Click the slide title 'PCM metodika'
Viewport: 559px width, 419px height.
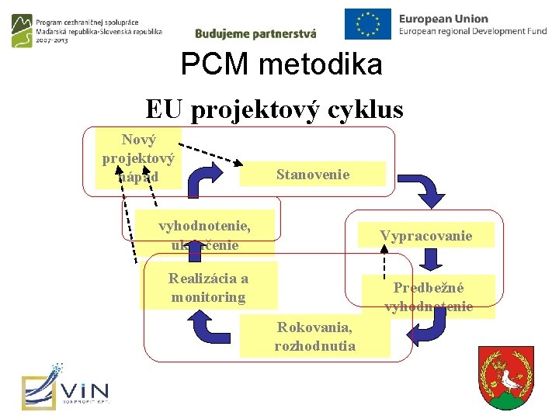[x=281, y=64]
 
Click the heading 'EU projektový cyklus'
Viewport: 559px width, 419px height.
[x=274, y=109]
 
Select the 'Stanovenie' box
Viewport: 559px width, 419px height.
[x=313, y=174]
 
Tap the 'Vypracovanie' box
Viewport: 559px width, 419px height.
[x=425, y=235]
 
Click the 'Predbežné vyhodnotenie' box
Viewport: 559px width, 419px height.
[x=429, y=296]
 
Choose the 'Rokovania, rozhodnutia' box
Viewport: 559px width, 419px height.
[x=314, y=336]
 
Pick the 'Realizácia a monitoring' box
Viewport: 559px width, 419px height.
[x=208, y=288]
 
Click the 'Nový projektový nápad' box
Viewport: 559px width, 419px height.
[x=138, y=159]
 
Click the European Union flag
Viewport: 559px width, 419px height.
[x=368, y=24]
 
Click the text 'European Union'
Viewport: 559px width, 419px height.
[x=443, y=19]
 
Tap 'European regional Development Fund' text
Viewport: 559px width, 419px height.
[x=473, y=31]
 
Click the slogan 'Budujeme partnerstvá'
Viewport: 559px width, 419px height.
[x=255, y=33]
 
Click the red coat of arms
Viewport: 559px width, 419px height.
[x=506, y=378]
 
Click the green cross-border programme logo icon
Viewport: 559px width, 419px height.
[x=23, y=31]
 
